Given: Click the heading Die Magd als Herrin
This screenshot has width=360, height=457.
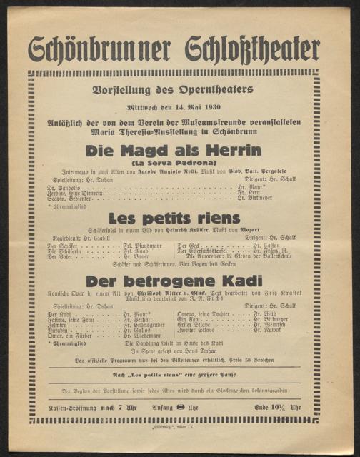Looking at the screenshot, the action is click(x=173, y=151).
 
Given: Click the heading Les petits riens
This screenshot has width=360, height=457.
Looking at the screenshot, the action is click(x=173, y=219).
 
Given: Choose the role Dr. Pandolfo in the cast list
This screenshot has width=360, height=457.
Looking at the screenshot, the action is click(x=64, y=188).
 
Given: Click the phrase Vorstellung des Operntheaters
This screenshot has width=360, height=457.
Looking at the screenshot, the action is click(x=173, y=90).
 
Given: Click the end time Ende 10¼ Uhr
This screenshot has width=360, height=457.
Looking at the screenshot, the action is click(x=281, y=407).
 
